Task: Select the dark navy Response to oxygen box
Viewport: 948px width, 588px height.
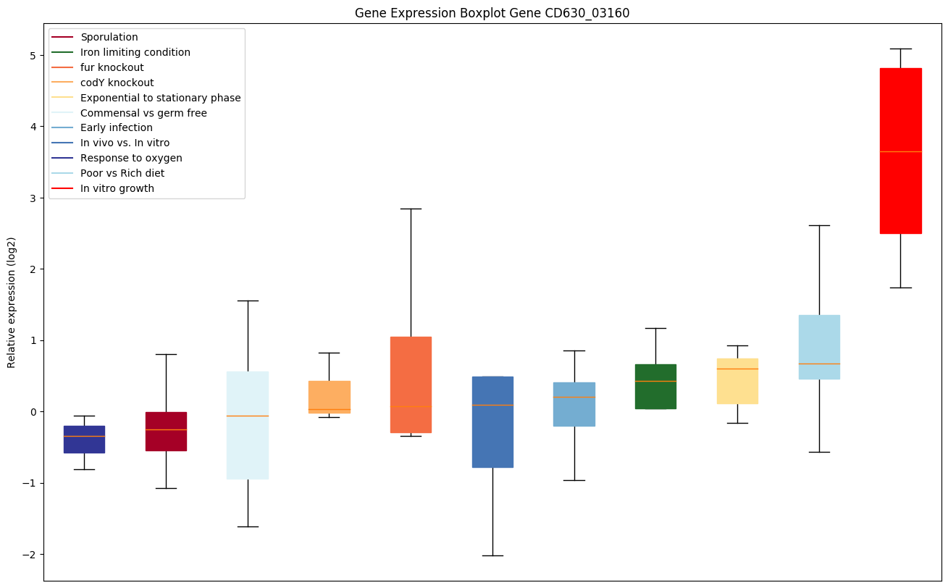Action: pos(84,440)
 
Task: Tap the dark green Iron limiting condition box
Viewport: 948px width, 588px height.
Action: pos(655,387)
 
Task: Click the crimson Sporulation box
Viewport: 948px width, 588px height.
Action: pos(166,432)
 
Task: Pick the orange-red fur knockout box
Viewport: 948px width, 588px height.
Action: pos(411,385)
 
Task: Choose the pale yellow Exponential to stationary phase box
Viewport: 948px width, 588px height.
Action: pos(737,381)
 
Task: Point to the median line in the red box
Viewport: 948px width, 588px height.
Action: pos(900,151)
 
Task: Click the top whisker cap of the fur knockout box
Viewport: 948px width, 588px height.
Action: pos(411,209)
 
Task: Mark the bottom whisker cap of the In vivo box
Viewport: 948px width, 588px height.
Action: pos(492,555)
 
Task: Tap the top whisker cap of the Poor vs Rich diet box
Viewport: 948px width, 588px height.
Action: pos(819,225)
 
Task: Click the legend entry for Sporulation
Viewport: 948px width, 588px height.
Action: pos(109,37)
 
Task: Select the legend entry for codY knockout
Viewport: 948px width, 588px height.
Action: pos(117,83)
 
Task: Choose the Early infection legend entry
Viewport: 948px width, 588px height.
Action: pos(117,128)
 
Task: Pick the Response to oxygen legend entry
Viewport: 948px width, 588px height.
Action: pos(131,158)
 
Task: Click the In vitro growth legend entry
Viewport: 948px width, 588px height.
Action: pos(117,188)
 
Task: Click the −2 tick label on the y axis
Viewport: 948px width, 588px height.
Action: pos(31,555)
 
